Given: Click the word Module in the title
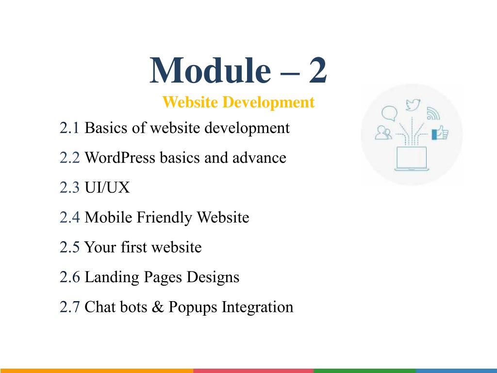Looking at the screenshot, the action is coord(210,70).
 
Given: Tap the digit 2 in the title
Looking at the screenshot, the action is coord(318,70).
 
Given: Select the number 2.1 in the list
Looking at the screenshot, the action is coord(69,128).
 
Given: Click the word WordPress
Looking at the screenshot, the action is coord(120,158).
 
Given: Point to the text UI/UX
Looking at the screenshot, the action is coord(107,187).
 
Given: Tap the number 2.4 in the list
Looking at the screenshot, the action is coord(69,217).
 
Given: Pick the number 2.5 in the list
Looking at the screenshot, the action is coord(69,247).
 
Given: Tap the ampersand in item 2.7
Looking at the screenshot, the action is coord(158,307).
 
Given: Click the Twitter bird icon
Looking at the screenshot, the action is coord(413,105).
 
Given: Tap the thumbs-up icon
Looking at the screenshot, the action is coord(440,133).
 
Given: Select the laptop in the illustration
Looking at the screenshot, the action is coord(412,159).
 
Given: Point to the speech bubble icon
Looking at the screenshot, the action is coord(389,113).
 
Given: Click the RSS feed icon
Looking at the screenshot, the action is coord(433,114).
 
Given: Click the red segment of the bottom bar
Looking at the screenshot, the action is coord(253,371).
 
